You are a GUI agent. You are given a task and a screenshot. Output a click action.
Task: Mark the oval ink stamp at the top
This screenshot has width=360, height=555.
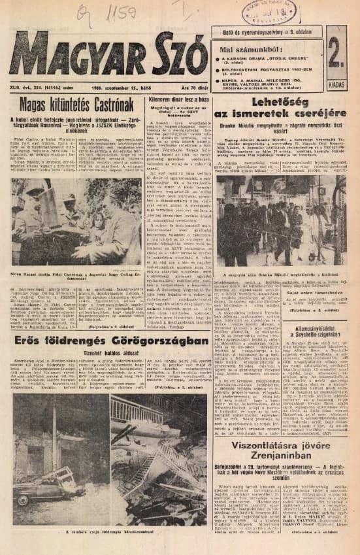point(269,12)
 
